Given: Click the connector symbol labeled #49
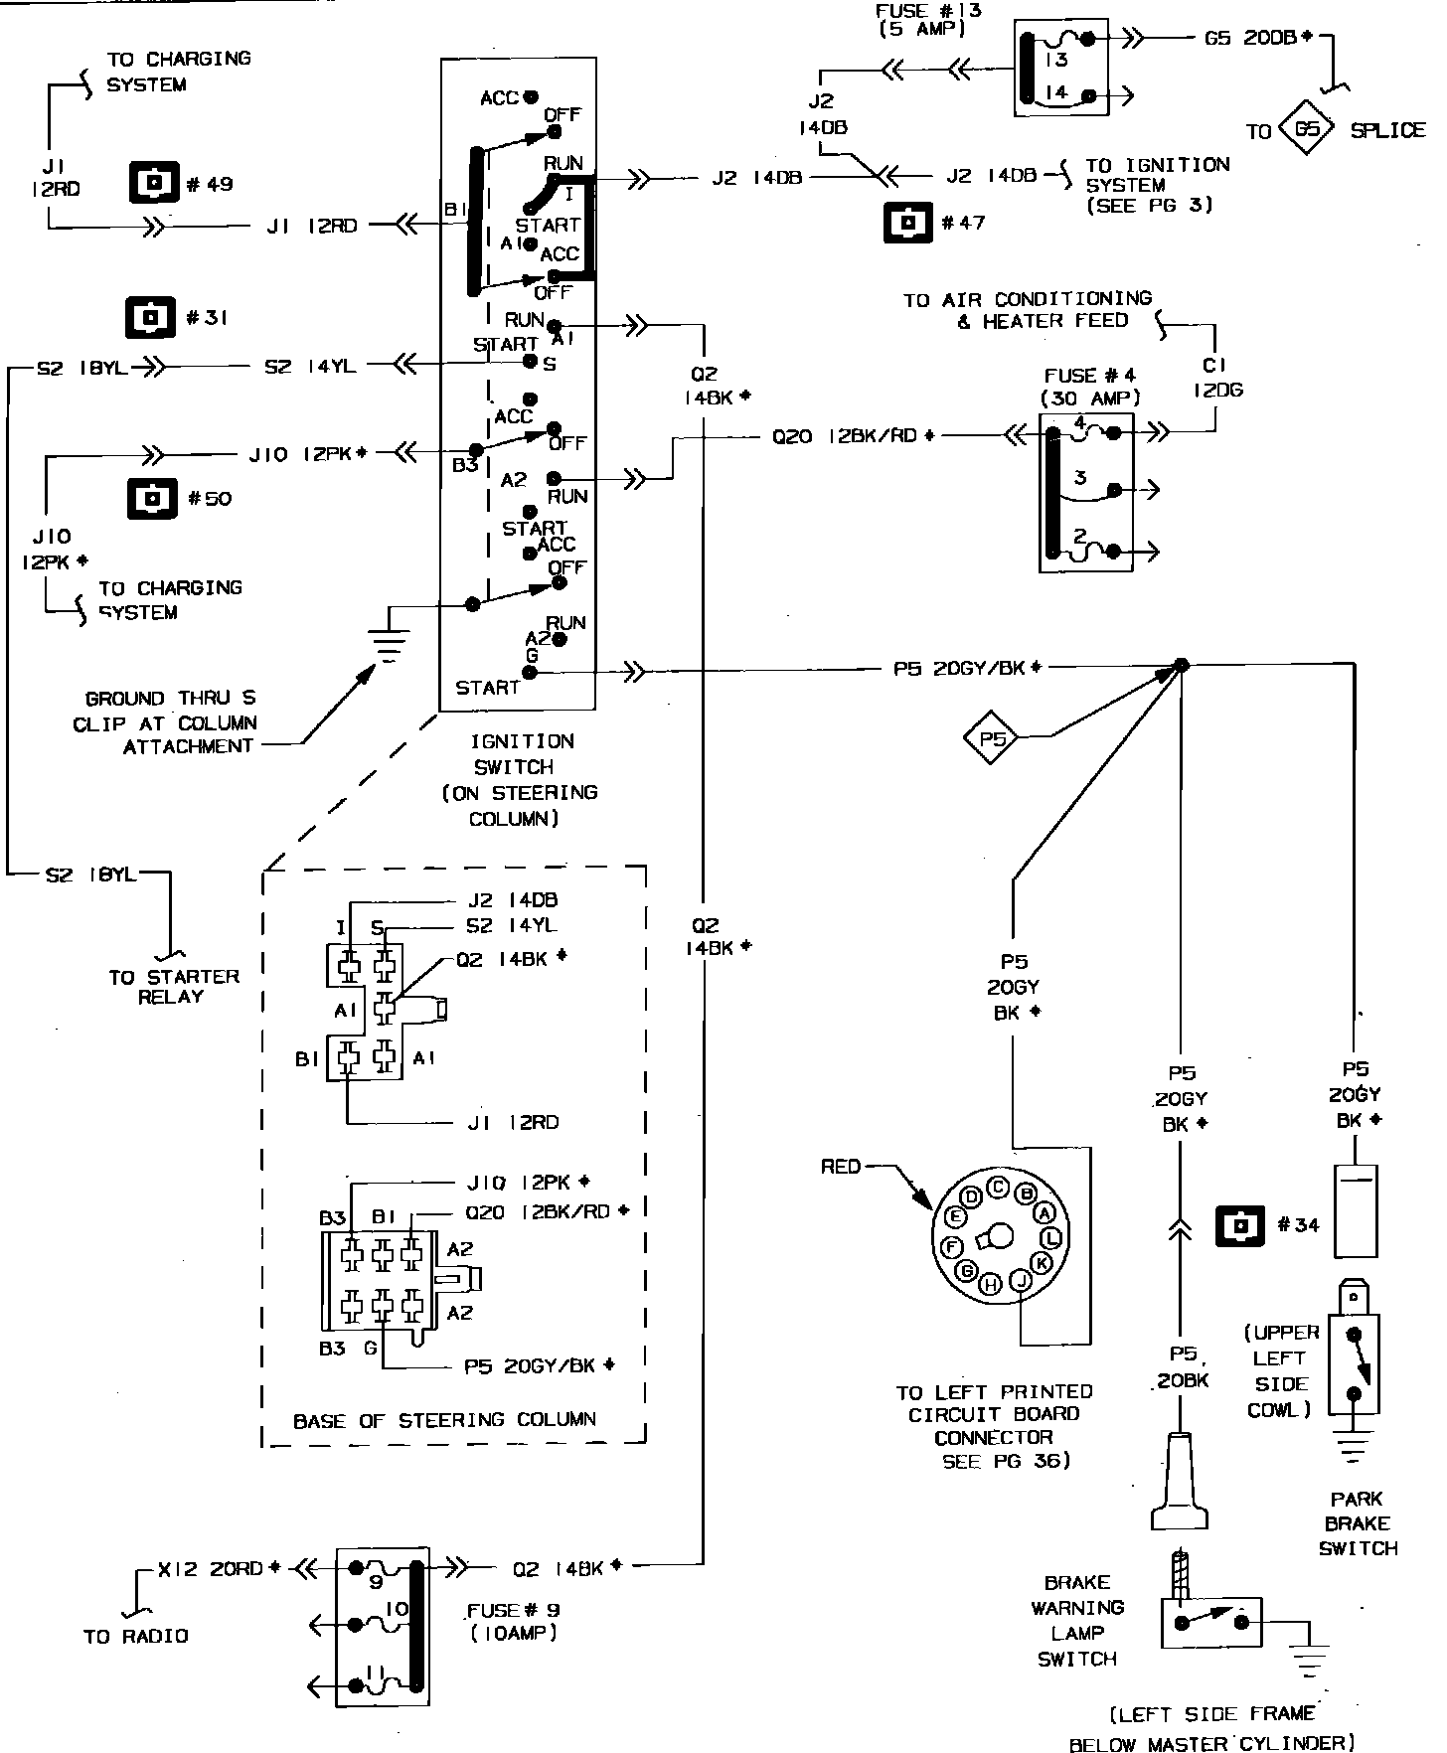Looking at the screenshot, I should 153,184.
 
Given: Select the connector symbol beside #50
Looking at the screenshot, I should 152,498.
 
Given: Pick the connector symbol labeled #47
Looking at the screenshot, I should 908,223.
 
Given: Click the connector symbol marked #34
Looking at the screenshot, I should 1240,1225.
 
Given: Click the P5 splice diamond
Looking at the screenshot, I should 993,738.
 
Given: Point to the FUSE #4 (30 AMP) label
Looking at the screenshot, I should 1090,387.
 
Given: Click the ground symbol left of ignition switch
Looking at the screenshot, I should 391,646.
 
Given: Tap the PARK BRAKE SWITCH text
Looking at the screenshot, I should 1358,1523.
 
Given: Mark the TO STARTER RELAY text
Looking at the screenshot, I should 174,986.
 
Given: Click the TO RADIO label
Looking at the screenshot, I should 136,1636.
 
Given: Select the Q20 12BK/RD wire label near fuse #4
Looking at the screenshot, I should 854,435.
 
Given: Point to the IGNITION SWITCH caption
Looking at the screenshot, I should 520,780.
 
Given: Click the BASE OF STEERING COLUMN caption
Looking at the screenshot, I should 444,1420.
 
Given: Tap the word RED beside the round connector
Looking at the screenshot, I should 841,1166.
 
